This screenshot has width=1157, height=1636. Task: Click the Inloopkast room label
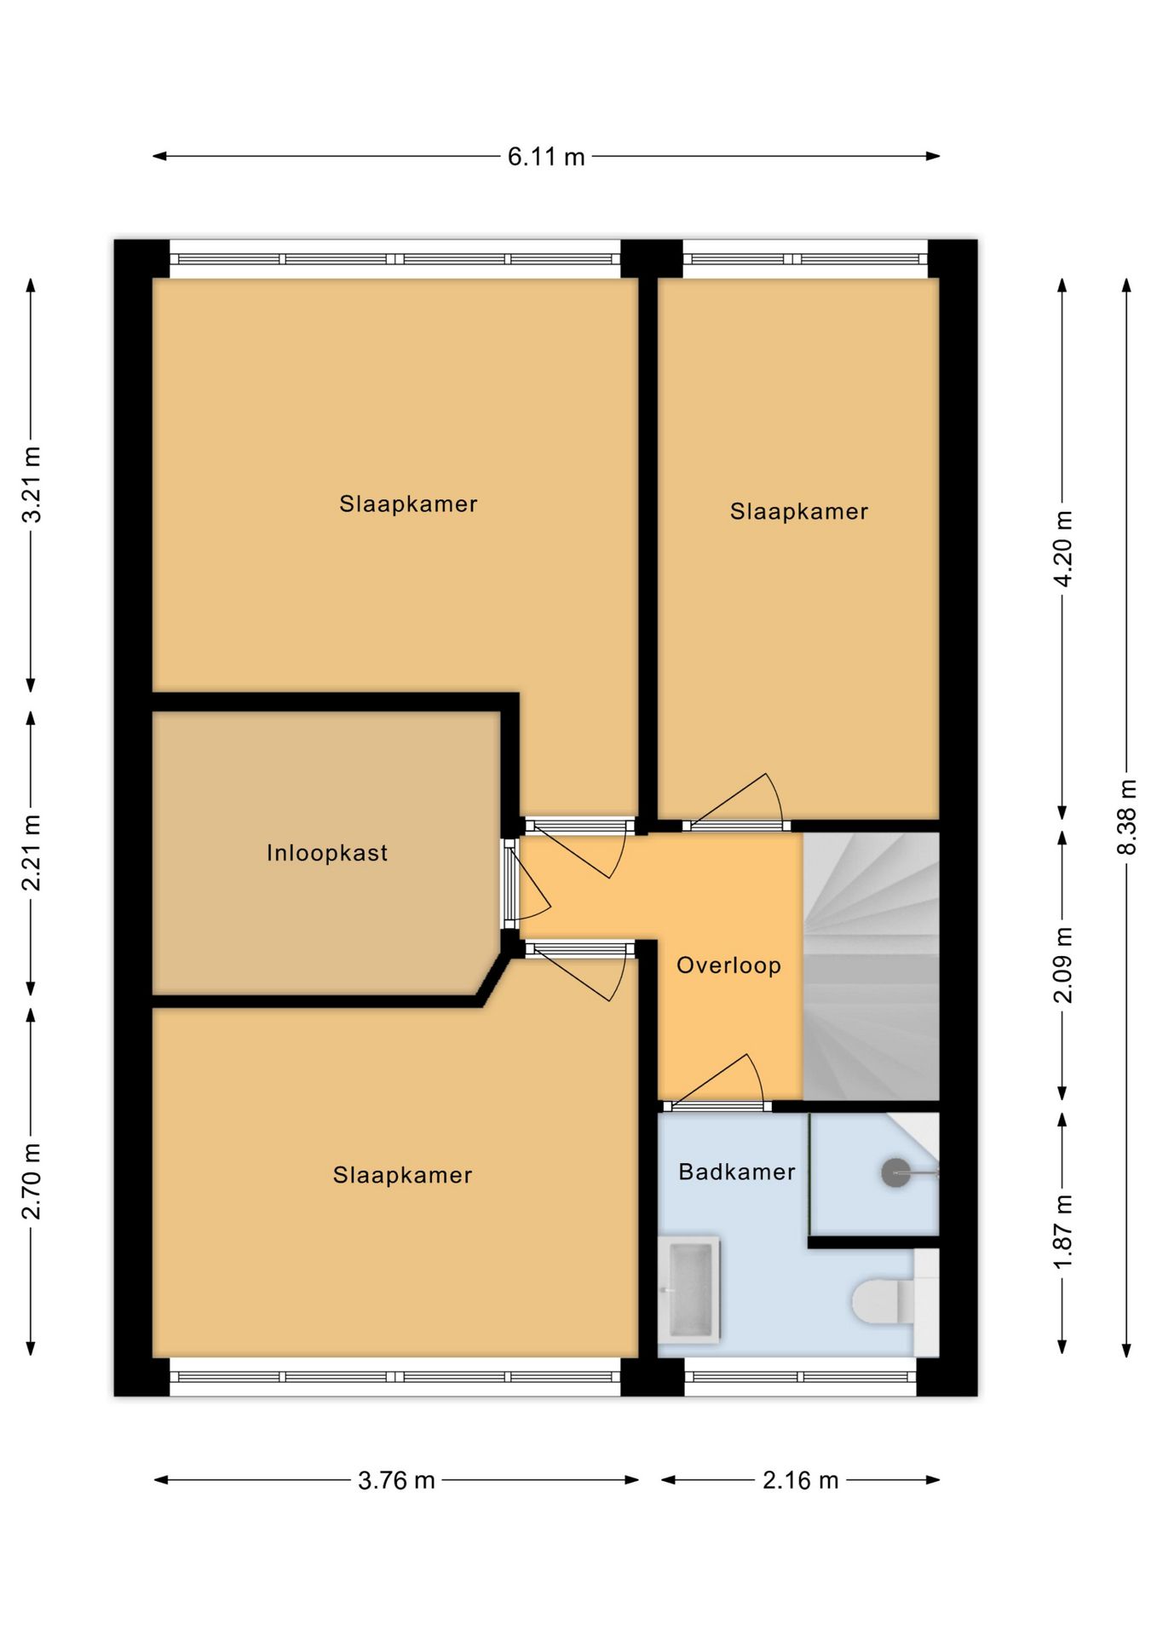coord(327,853)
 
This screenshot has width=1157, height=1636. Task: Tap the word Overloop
coord(728,965)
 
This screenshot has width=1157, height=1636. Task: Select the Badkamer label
coord(737,1172)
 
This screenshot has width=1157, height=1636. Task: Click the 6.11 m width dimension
coord(546,157)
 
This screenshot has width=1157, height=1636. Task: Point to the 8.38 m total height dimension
coord(1127,816)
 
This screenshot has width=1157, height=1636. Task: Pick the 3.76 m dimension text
coord(396,1480)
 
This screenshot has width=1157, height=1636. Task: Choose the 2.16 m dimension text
coord(801,1480)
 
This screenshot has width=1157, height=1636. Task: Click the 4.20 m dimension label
coord(1063,549)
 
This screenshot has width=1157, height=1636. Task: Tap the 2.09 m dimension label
coord(1063,965)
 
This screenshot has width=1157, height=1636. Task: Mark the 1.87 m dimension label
coord(1063,1231)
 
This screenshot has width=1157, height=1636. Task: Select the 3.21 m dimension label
coord(32,484)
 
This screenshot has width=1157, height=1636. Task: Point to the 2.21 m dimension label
coord(32,853)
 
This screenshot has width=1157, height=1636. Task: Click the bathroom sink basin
coord(691,1288)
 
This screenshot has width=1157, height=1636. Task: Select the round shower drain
coord(895,1172)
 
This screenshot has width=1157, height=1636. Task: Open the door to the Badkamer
coord(717,1106)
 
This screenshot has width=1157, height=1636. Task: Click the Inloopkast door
coord(510,884)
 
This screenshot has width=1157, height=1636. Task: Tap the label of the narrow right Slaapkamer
coord(799,511)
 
